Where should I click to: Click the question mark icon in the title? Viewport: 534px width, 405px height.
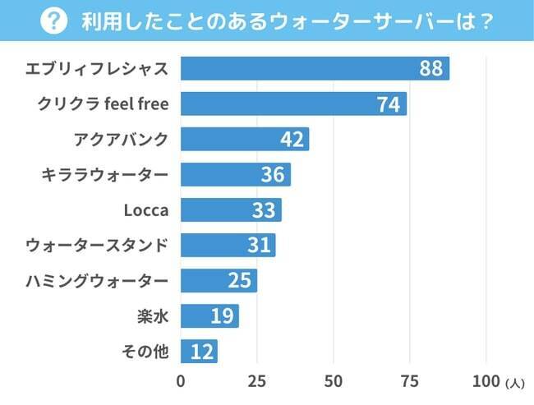coord(54,21)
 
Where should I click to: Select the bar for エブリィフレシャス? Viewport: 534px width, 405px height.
coord(315,68)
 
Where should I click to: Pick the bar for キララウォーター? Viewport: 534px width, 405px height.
coord(235,174)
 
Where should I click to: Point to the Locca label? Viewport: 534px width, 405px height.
coord(145,210)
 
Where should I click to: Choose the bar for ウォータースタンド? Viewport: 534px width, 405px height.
coord(228,245)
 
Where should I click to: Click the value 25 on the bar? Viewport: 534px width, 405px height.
coord(239,281)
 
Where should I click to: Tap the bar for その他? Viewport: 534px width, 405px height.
coord(199,352)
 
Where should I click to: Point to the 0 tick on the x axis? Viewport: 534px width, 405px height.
coord(181,381)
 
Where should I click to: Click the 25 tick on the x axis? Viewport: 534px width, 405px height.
coord(257,381)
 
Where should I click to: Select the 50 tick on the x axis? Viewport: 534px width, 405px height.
coord(334,381)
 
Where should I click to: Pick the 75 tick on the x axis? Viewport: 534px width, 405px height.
coord(410,381)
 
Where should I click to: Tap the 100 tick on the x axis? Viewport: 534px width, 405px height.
coord(486,381)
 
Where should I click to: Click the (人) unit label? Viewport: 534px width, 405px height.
coord(515,383)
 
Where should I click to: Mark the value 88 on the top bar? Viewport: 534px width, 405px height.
coord(430,68)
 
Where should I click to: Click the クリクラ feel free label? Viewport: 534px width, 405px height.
coord(103,104)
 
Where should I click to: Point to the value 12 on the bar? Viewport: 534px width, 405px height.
coord(202,352)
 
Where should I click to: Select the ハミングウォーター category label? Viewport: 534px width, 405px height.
coord(97,281)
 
